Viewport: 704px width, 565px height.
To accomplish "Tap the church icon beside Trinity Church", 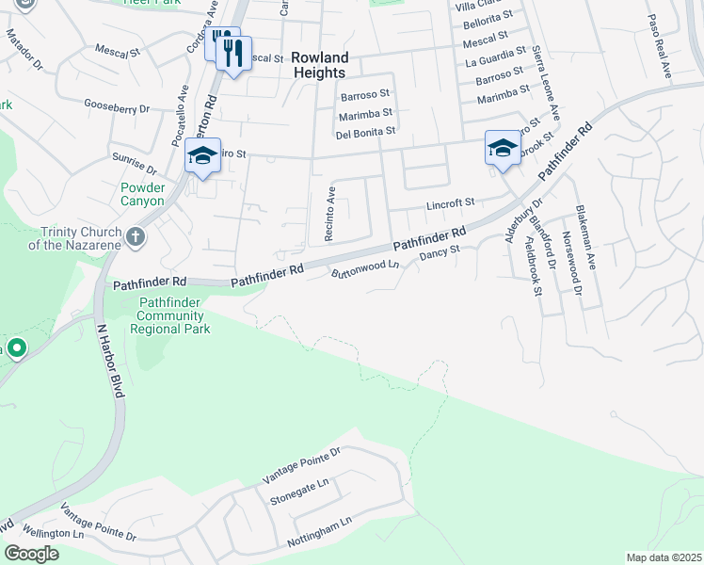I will click(136, 236).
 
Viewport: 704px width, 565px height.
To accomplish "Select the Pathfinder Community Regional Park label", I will click(169, 315).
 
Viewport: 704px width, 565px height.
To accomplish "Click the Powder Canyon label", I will click(142, 194).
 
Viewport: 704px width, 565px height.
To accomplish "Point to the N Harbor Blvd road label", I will click(111, 361).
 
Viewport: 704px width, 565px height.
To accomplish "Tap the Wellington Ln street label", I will click(55, 533).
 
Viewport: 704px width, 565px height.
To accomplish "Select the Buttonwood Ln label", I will click(366, 269).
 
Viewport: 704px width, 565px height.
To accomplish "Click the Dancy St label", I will click(439, 253).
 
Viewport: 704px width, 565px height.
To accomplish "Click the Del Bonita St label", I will click(366, 132).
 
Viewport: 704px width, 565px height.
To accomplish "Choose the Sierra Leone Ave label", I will click(546, 80).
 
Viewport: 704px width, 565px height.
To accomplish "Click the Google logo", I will click(32, 554).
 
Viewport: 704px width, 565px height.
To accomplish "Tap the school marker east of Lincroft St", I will click(504, 149).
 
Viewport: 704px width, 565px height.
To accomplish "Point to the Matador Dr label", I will click(25, 51).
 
